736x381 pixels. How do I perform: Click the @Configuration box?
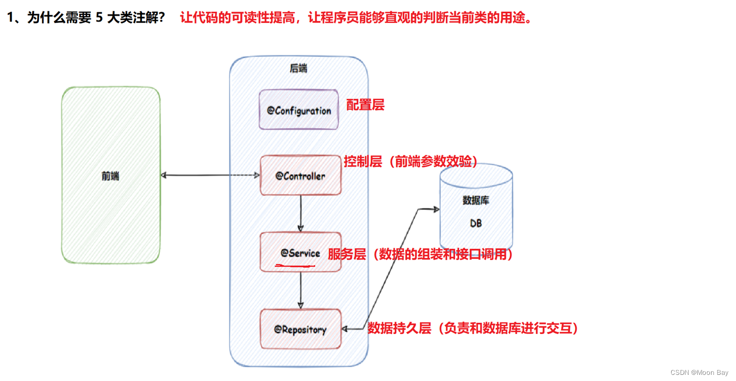click(299, 110)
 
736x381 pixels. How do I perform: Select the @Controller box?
click(300, 176)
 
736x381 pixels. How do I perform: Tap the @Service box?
click(300, 252)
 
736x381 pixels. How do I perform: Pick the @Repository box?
click(300, 329)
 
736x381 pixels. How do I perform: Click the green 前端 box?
click(110, 175)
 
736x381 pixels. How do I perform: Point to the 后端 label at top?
click(299, 68)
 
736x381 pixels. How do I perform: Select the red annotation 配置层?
click(365, 105)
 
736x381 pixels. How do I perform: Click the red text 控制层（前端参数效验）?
click(411, 161)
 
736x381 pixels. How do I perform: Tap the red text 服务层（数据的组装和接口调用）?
click(420, 254)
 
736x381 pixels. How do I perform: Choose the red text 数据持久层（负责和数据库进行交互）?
click(473, 328)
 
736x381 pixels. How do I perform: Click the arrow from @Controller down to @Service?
click(301, 213)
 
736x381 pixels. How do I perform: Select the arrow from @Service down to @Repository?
click(301, 290)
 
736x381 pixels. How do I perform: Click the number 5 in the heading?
click(99, 18)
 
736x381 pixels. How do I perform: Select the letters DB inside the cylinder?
click(476, 223)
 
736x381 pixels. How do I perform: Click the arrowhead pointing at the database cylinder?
click(436, 209)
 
